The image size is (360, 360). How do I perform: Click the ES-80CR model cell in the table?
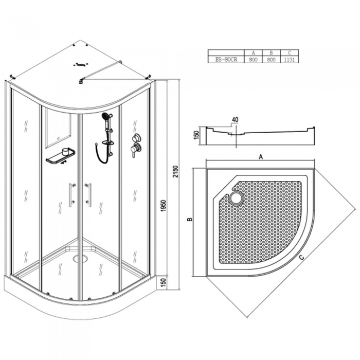pos(226,60)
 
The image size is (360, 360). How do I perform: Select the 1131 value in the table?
pos(289,60)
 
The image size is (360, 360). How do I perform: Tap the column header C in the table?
pos(290,53)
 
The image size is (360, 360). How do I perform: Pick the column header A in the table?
pos(253,53)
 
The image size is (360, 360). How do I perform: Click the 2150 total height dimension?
pos(176,171)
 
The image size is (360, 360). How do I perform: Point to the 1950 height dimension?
pos(163,206)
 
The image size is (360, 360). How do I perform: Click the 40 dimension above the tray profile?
pos(235,120)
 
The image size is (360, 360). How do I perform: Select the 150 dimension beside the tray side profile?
pos(196,135)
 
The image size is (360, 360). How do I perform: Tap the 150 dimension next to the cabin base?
pos(163,282)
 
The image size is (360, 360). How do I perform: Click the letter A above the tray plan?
pos(261,157)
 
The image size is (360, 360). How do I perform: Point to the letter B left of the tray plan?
pos(190,219)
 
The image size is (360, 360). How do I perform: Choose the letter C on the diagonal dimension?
pos(302,258)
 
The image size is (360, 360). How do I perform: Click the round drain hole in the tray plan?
pos(237,197)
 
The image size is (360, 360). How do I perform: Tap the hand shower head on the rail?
pos(105,116)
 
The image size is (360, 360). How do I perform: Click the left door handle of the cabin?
pos(71,195)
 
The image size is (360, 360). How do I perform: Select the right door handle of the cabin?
pos(88,195)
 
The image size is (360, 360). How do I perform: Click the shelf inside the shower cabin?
pos(61,156)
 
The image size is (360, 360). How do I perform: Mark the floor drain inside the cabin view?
pos(80,259)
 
